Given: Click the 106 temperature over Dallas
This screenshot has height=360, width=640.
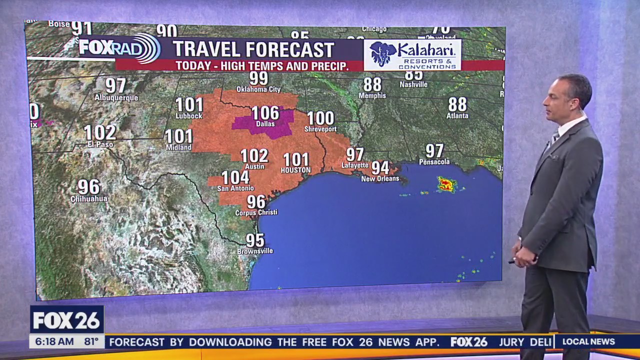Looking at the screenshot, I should [x=265, y=113].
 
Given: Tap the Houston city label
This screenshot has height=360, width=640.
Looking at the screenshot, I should [x=295, y=170].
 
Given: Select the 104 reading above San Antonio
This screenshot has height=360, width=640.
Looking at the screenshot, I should [x=235, y=177].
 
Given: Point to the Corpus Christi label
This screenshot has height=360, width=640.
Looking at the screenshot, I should [x=256, y=212].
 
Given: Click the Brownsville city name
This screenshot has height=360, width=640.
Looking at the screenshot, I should [x=255, y=251].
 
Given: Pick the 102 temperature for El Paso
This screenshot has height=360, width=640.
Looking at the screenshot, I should [x=100, y=132].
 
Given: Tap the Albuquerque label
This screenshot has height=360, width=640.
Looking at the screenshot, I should [x=116, y=97].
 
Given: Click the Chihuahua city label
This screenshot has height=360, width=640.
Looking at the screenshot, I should [x=89, y=198].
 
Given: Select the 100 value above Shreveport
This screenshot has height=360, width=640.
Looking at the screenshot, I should [x=320, y=118].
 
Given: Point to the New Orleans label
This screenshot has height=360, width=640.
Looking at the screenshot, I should [x=380, y=178].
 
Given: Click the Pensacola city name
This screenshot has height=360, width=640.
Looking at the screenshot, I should [x=434, y=162].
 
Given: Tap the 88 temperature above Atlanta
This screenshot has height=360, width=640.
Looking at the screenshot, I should [x=457, y=104].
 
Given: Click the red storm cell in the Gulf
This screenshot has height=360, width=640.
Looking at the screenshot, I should [x=446, y=184].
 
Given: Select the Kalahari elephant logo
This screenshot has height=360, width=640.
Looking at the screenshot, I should [x=383, y=54].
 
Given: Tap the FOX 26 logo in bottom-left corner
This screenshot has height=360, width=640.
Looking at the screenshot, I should [x=67, y=320].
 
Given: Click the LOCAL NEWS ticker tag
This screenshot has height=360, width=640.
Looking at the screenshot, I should [x=588, y=342].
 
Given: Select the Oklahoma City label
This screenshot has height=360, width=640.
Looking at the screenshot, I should [x=258, y=89].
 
